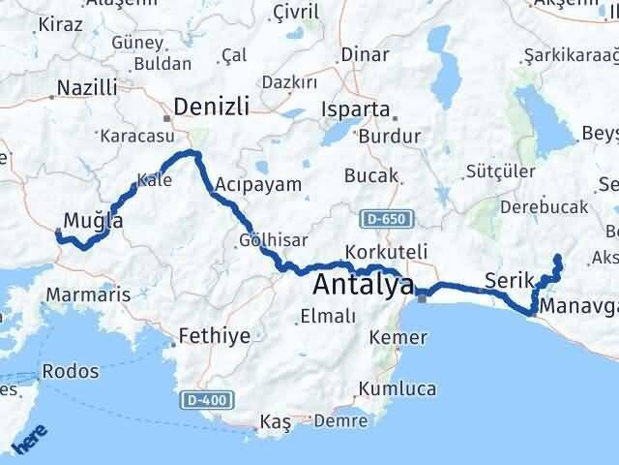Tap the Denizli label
[x=212, y=105]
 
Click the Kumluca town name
[x=398, y=388]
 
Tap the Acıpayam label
[x=257, y=183]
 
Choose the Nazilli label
[x=87, y=88]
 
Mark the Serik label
[x=509, y=280]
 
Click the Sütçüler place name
[x=500, y=171]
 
